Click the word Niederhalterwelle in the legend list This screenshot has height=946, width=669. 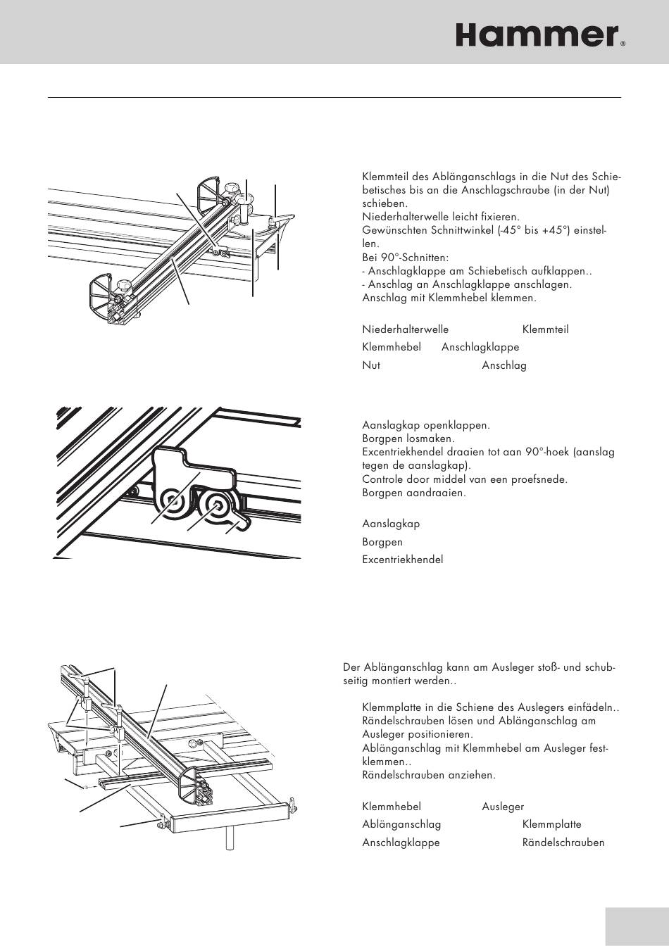(405, 329)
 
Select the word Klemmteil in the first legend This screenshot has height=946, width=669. (545, 329)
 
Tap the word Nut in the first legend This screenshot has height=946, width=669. (371, 365)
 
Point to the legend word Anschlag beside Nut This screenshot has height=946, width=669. (504, 365)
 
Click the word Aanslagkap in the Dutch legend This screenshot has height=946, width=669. (391, 524)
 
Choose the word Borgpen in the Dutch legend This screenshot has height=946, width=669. (382, 542)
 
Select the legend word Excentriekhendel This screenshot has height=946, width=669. (402, 560)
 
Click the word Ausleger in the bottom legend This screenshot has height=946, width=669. (503, 807)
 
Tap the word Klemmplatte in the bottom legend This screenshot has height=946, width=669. (551, 824)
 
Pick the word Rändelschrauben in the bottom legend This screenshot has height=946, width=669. (563, 843)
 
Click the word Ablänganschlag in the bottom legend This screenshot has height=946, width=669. (401, 824)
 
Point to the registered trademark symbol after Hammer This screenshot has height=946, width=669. (623, 44)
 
